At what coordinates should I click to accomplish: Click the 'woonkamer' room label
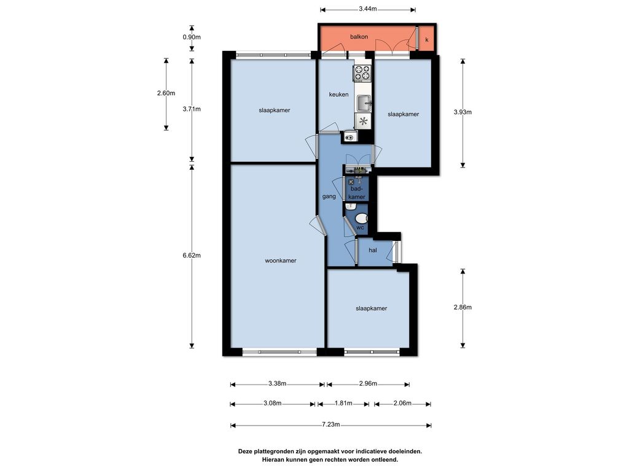[280, 261]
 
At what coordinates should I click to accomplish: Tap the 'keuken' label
[338, 94]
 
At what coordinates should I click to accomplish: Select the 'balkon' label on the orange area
[359, 37]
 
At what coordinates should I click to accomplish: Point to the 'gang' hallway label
[329, 197]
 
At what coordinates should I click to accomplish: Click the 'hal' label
[373, 250]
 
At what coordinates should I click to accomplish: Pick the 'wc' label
[360, 228]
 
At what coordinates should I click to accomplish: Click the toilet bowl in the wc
[361, 218]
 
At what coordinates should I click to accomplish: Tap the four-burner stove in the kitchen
[362, 72]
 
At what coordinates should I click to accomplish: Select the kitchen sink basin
[364, 103]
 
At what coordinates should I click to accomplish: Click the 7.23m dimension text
[331, 424]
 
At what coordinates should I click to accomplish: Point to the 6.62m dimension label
[192, 255]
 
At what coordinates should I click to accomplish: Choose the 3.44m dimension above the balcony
[368, 9]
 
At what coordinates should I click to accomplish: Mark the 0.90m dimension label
[192, 37]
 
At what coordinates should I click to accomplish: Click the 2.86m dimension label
[463, 308]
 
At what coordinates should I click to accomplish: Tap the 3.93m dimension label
[463, 112]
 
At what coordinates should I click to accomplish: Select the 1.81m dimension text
[343, 404]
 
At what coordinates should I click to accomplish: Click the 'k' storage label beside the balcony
[427, 40]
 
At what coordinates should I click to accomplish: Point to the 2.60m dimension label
[166, 93]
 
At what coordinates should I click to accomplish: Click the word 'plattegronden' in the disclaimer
[273, 451]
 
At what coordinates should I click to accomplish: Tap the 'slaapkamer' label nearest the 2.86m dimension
[372, 308]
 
